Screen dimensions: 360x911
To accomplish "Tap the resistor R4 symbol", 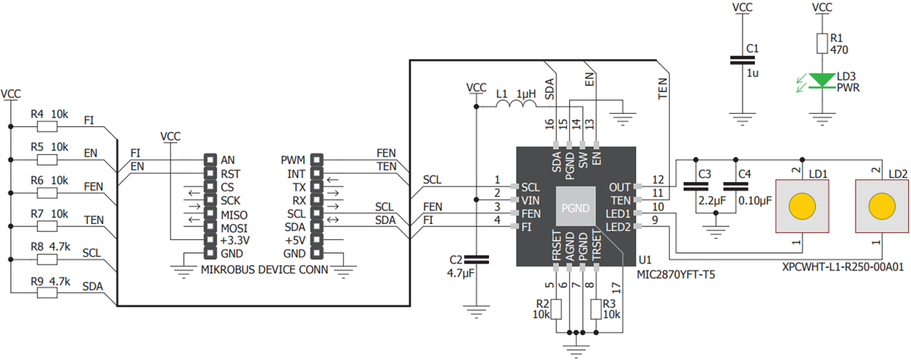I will (x=48, y=126).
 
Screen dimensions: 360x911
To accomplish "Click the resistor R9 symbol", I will (x=48, y=292).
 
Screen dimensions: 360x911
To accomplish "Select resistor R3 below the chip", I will (x=594, y=309).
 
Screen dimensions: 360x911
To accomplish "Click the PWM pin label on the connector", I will (x=293, y=160).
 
